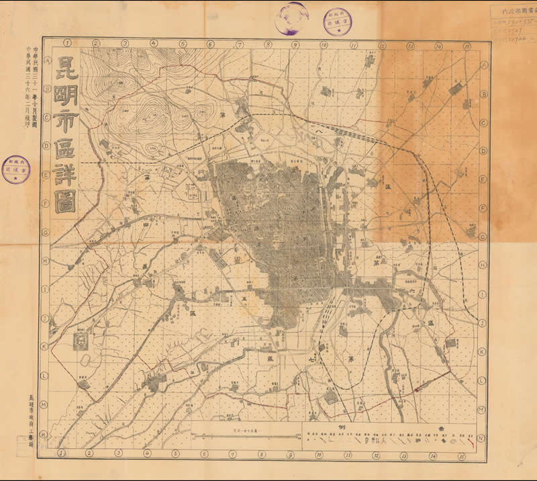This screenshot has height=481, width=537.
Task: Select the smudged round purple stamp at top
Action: [x=291, y=18]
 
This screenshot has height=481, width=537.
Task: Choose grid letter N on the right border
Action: [x=481, y=438]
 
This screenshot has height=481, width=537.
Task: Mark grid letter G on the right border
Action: [x=481, y=236]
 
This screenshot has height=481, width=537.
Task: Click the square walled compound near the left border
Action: [x=80, y=341]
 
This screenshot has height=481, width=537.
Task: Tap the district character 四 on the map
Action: [x=145, y=225]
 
